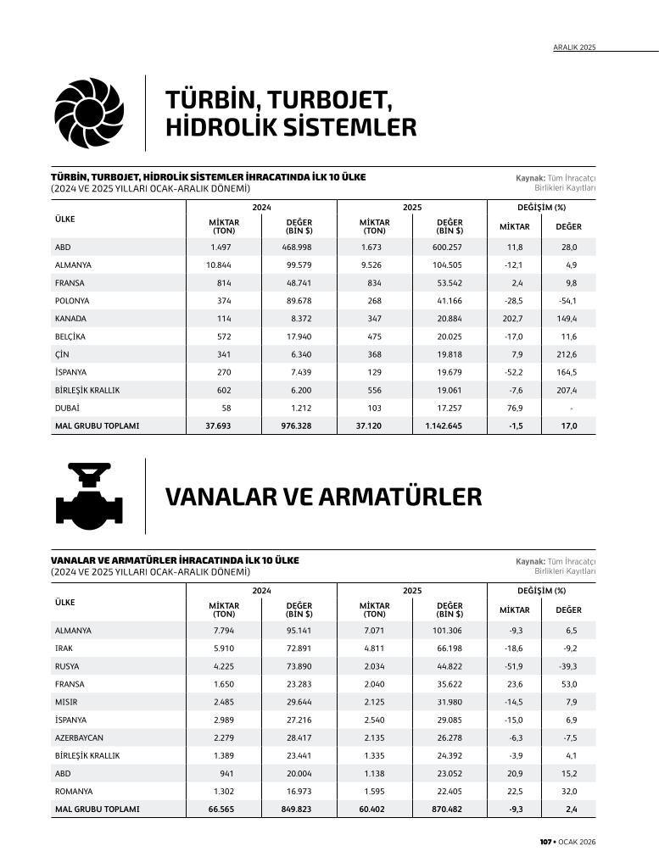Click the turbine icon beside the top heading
pos(89,114)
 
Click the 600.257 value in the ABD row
pos(444,247)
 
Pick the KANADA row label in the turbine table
pos(70,319)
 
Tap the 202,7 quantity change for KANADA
pos(511,319)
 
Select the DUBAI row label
pos(66,409)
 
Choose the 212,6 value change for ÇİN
pos(566,354)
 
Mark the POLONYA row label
pos(72,301)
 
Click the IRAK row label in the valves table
pos(64,648)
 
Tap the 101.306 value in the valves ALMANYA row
pos(446,631)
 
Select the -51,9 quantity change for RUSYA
pos(511,666)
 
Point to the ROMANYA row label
pos(73,792)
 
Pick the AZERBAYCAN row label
pos(79,737)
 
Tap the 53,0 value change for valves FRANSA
pos(567,684)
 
